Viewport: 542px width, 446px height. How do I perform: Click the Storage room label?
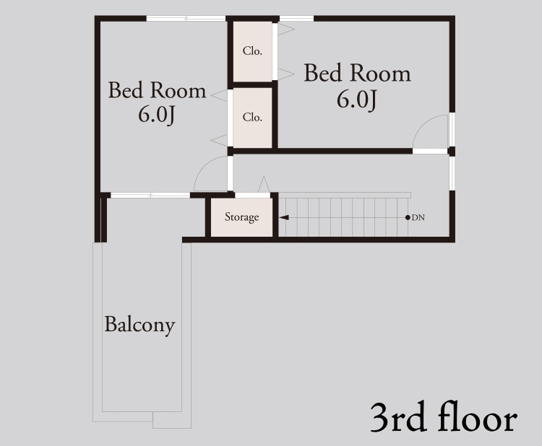pyautogui.click(x=241, y=217)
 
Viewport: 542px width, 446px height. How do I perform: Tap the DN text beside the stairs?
pyautogui.click(x=418, y=217)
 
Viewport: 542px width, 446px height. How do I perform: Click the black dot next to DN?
pyautogui.click(x=408, y=217)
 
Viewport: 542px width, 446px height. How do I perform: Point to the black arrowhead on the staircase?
pyautogui.click(x=284, y=217)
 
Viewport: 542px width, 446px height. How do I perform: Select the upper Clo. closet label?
pyautogui.click(x=252, y=51)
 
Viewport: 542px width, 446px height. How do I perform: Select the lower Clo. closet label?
pyautogui.click(x=252, y=118)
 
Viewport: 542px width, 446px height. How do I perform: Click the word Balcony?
pyautogui.click(x=139, y=325)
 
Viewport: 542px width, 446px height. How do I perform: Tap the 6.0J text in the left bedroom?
pyautogui.click(x=157, y=115)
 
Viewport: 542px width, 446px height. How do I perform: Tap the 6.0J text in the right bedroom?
pyautogui.click(x=357, y=100)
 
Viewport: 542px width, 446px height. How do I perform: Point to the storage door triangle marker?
pyautogui.click(x=264, y=185)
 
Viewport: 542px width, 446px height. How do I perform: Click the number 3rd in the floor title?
pyautogui.click(x=397, y=417)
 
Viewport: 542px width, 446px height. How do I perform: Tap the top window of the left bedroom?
pyautogui.click(x=186, y=18)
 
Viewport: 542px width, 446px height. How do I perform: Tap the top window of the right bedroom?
pyautogui.click(x=296, y=18)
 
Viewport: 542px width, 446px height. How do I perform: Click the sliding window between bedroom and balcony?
pyautogui.click(x=150, y=196)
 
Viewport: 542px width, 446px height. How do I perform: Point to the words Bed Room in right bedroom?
pyautogui.click(x=358, y=73)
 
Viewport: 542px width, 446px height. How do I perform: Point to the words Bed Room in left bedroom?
pyautogui.click(x=158, y=90)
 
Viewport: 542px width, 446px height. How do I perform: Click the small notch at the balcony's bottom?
pyautogui.click(x=172, y=420)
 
